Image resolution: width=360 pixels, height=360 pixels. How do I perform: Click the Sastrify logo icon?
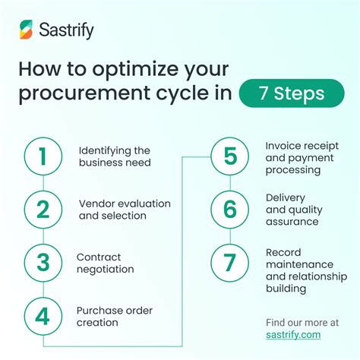pos(27,30)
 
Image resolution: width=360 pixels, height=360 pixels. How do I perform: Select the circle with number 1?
pos(43,156)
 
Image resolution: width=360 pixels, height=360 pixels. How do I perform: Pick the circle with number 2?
pos(43,210)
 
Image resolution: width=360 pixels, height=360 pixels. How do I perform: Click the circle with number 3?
pos(43,263)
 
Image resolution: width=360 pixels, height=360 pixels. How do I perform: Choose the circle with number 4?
pos(43,316)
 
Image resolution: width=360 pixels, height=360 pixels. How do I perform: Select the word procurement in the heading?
pos(81,94)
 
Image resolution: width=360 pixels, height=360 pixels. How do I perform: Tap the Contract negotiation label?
pos(106,263)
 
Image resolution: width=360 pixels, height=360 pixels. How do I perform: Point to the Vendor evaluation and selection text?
pos(124,210)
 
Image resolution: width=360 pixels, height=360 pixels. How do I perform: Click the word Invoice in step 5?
pos(282,144)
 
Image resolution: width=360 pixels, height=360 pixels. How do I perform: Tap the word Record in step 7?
pos(283,251)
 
